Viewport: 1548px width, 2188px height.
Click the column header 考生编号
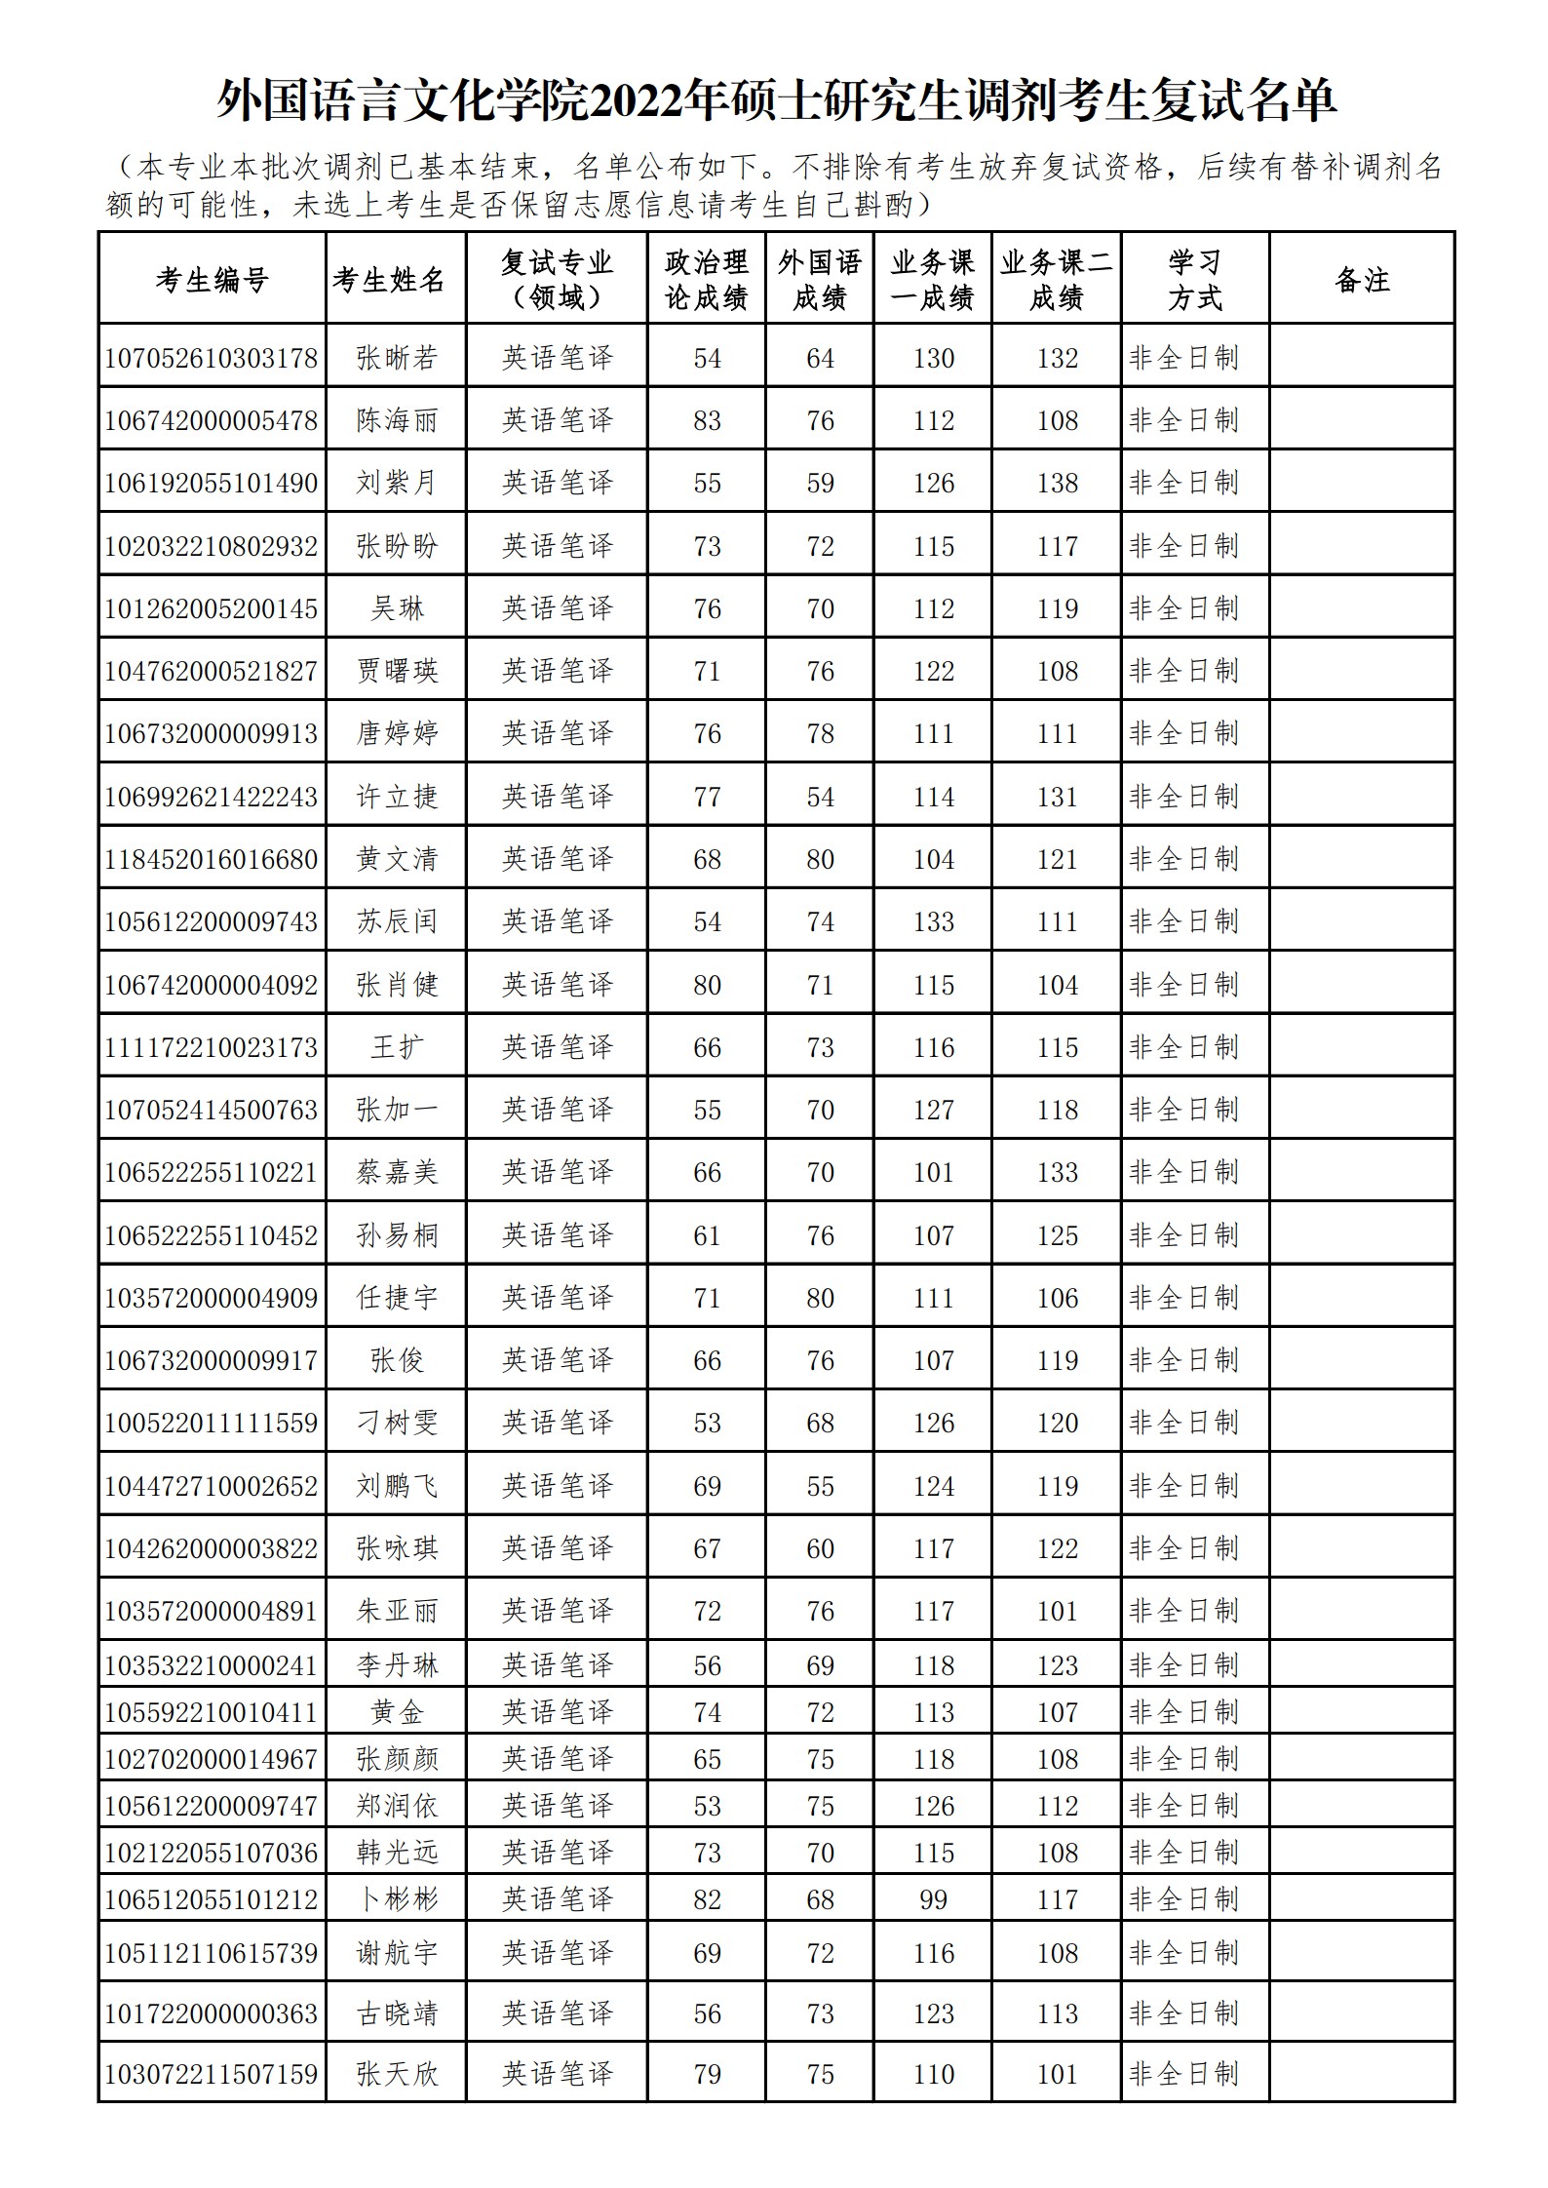[212, 280]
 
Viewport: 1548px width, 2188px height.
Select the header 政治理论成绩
[707, 280]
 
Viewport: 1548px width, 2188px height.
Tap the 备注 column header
[1362, 280]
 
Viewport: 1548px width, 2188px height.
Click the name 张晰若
[396, 358]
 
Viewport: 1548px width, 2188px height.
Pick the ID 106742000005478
[212, 420]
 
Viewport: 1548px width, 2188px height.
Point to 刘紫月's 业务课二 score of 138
[1057, 483]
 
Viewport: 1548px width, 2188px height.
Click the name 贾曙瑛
[396, 671]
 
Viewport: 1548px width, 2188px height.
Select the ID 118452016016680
[212, 859]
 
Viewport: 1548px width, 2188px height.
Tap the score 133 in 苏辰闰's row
[933, 921]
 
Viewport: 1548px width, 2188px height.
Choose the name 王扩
[396, 1047]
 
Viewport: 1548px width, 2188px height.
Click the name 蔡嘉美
[396, 1172]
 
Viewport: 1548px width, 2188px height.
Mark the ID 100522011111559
[212, 1423]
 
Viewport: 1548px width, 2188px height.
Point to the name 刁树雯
[396, 1423]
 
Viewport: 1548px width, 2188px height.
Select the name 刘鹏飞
[396, 1486]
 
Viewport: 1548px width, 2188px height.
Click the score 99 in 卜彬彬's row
[933, 1899]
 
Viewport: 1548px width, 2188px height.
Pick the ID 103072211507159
[212, 2074]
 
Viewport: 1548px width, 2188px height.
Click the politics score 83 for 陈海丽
[707, 420]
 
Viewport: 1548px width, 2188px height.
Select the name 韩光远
[396, 1853]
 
